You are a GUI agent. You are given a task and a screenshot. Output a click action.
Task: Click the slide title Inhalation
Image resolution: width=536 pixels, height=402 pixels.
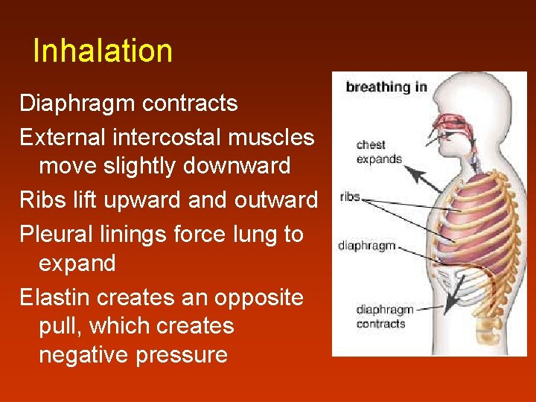click(103, 51)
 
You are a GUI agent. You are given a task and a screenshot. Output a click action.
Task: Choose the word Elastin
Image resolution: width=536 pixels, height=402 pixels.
click(56, 298)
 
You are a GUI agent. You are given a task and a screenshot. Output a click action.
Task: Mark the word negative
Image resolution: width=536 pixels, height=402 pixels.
click(83, 354)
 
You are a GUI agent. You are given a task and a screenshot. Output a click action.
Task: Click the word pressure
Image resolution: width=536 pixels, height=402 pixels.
click(182, 354)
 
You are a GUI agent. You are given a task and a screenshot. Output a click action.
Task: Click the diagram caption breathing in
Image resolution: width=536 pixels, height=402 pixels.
click(386, 87)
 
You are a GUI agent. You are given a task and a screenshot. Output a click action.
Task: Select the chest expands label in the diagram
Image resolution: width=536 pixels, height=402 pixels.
click(379, 152)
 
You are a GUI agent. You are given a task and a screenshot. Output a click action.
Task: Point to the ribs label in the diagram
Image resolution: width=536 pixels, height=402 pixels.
click(350, 197)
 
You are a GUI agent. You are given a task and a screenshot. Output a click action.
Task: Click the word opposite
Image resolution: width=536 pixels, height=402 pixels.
click(259, 298)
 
